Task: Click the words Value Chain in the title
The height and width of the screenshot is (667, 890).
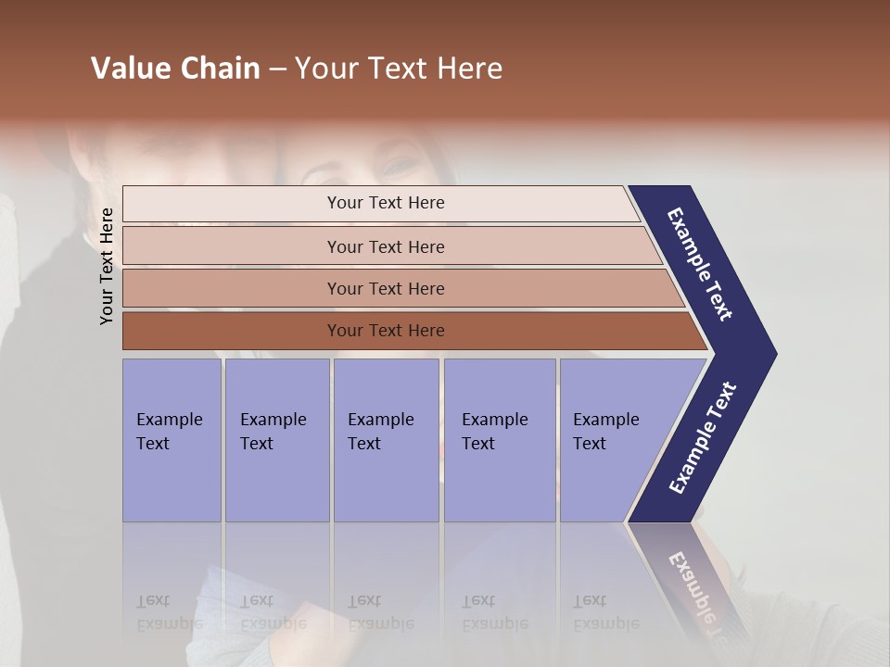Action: click(175, 69)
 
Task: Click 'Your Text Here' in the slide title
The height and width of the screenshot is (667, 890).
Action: click(399, 69)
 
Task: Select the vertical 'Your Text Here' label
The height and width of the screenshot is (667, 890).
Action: click(107, 266)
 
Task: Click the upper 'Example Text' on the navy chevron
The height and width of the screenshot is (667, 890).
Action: click(701, 264)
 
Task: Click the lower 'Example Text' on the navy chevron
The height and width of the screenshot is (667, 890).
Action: click(703, 438)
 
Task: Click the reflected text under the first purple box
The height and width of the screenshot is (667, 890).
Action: click(169, 612)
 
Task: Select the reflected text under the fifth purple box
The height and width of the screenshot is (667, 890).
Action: click(605, 612)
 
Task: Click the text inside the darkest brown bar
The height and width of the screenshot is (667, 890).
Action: click(386, 331)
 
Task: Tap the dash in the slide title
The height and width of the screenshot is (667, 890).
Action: click(277, 69)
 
